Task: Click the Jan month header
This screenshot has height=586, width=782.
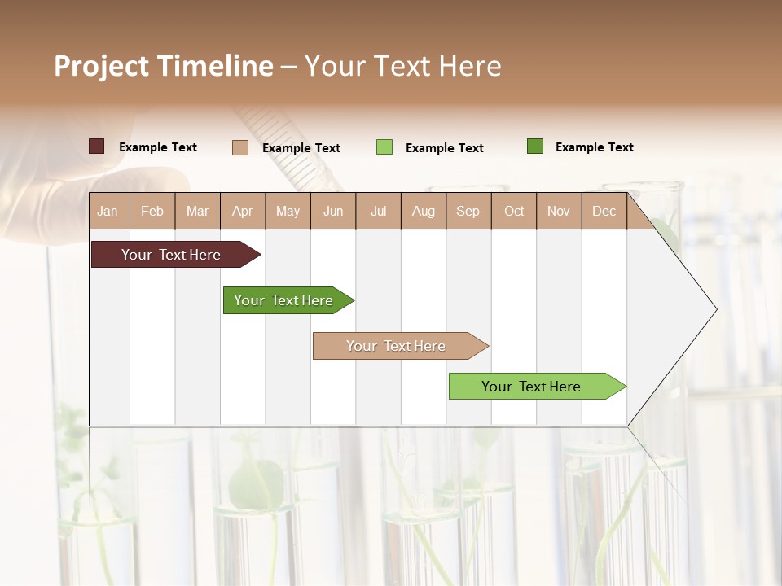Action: click(108, 211)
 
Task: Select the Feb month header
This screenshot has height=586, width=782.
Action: click(152, 211)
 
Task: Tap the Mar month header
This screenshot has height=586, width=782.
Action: click(197, 211)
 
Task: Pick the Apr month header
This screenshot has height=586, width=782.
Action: click(243, 211)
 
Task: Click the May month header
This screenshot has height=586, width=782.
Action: click(288, 211)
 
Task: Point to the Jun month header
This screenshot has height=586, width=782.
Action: click(333, 211)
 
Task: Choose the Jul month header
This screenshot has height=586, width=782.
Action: click(378, 211)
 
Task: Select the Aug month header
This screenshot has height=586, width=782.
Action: click(424, 211)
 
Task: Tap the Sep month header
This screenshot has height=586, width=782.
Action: click(468, 211)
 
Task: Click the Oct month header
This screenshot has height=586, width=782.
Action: click(514, 211)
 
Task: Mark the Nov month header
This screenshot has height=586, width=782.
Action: click(559, 211)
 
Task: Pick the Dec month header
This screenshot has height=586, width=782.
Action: click(604, 211)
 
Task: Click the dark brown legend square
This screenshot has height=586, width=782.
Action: click(97, 146)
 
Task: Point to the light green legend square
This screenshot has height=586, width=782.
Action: click(384, 147)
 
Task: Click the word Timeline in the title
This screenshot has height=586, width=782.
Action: click(215, 66)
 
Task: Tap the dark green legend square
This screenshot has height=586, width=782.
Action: click(535, 146)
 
